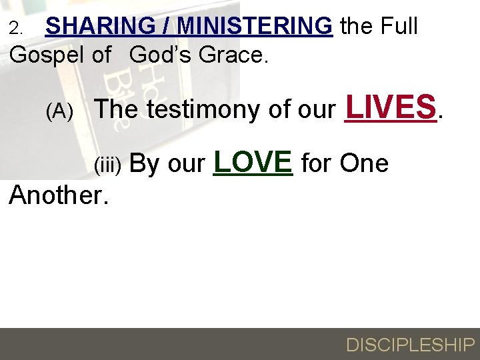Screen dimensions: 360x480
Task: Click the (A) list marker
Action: (x=59, y=111)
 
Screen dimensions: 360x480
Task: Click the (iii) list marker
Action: (x=107, y=165)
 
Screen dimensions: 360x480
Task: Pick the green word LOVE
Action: (x=253, y=161)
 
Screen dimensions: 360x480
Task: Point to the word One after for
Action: (x=364, y=163)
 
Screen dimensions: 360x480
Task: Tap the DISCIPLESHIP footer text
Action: (x=410, y=345)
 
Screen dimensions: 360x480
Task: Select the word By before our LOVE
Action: (x=145, y=163)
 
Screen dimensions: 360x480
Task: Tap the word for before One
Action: (x=317, y=163)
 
